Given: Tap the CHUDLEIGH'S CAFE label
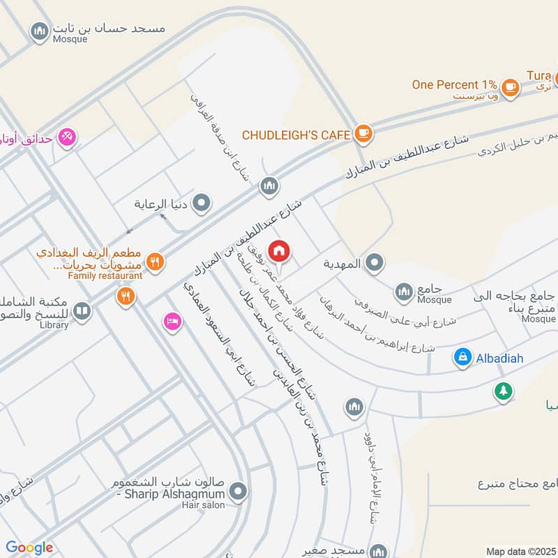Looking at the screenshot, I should (x=296, y=134).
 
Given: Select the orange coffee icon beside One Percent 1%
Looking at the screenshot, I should (x=511, y=86).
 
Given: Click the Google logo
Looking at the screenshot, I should (x=29, y=548).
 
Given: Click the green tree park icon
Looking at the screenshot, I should (x=502, y=391).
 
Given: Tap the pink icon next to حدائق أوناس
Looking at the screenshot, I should (x=67, y=137).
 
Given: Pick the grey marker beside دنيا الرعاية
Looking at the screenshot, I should (x=202, y=204).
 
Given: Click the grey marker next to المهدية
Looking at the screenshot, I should (x=375, y=264).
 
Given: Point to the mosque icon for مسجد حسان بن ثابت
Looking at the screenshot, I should (x=39, y=31).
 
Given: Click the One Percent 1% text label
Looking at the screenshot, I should (x=454, y=84).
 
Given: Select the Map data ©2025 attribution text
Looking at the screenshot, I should (x=521, y=552).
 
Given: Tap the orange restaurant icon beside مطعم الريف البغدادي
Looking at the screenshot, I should (x=156, y=261).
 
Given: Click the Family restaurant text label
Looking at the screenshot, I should (x=105, y=276).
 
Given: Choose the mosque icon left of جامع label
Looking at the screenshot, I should (x=404, y=292).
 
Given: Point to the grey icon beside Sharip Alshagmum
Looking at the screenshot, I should (x=239, y=492).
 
